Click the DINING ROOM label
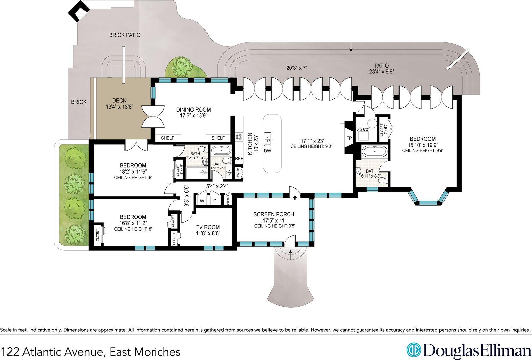(x=194, y=110)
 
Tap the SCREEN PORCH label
(x=274, y=214)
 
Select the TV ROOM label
(x=208, y=227)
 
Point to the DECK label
(x=119, y=101)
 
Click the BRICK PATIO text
(x=125, y=35)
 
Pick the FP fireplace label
(x=349, y=138)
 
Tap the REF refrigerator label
(x=239, y=158)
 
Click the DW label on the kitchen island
(x=267, y=151)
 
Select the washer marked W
(x=202, y=201)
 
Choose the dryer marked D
(x=215, y=201)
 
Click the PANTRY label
(x=238, y=173)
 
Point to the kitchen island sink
(x=268, y=139)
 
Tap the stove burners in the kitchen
(x=239, y=137)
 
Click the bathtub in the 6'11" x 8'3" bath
(x=375, y=151)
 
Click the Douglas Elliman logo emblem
(x=414, y=350)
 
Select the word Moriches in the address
(x=157, y=352)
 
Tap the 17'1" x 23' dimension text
(x=311, y=141)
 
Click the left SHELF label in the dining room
(x=168, y=138)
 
